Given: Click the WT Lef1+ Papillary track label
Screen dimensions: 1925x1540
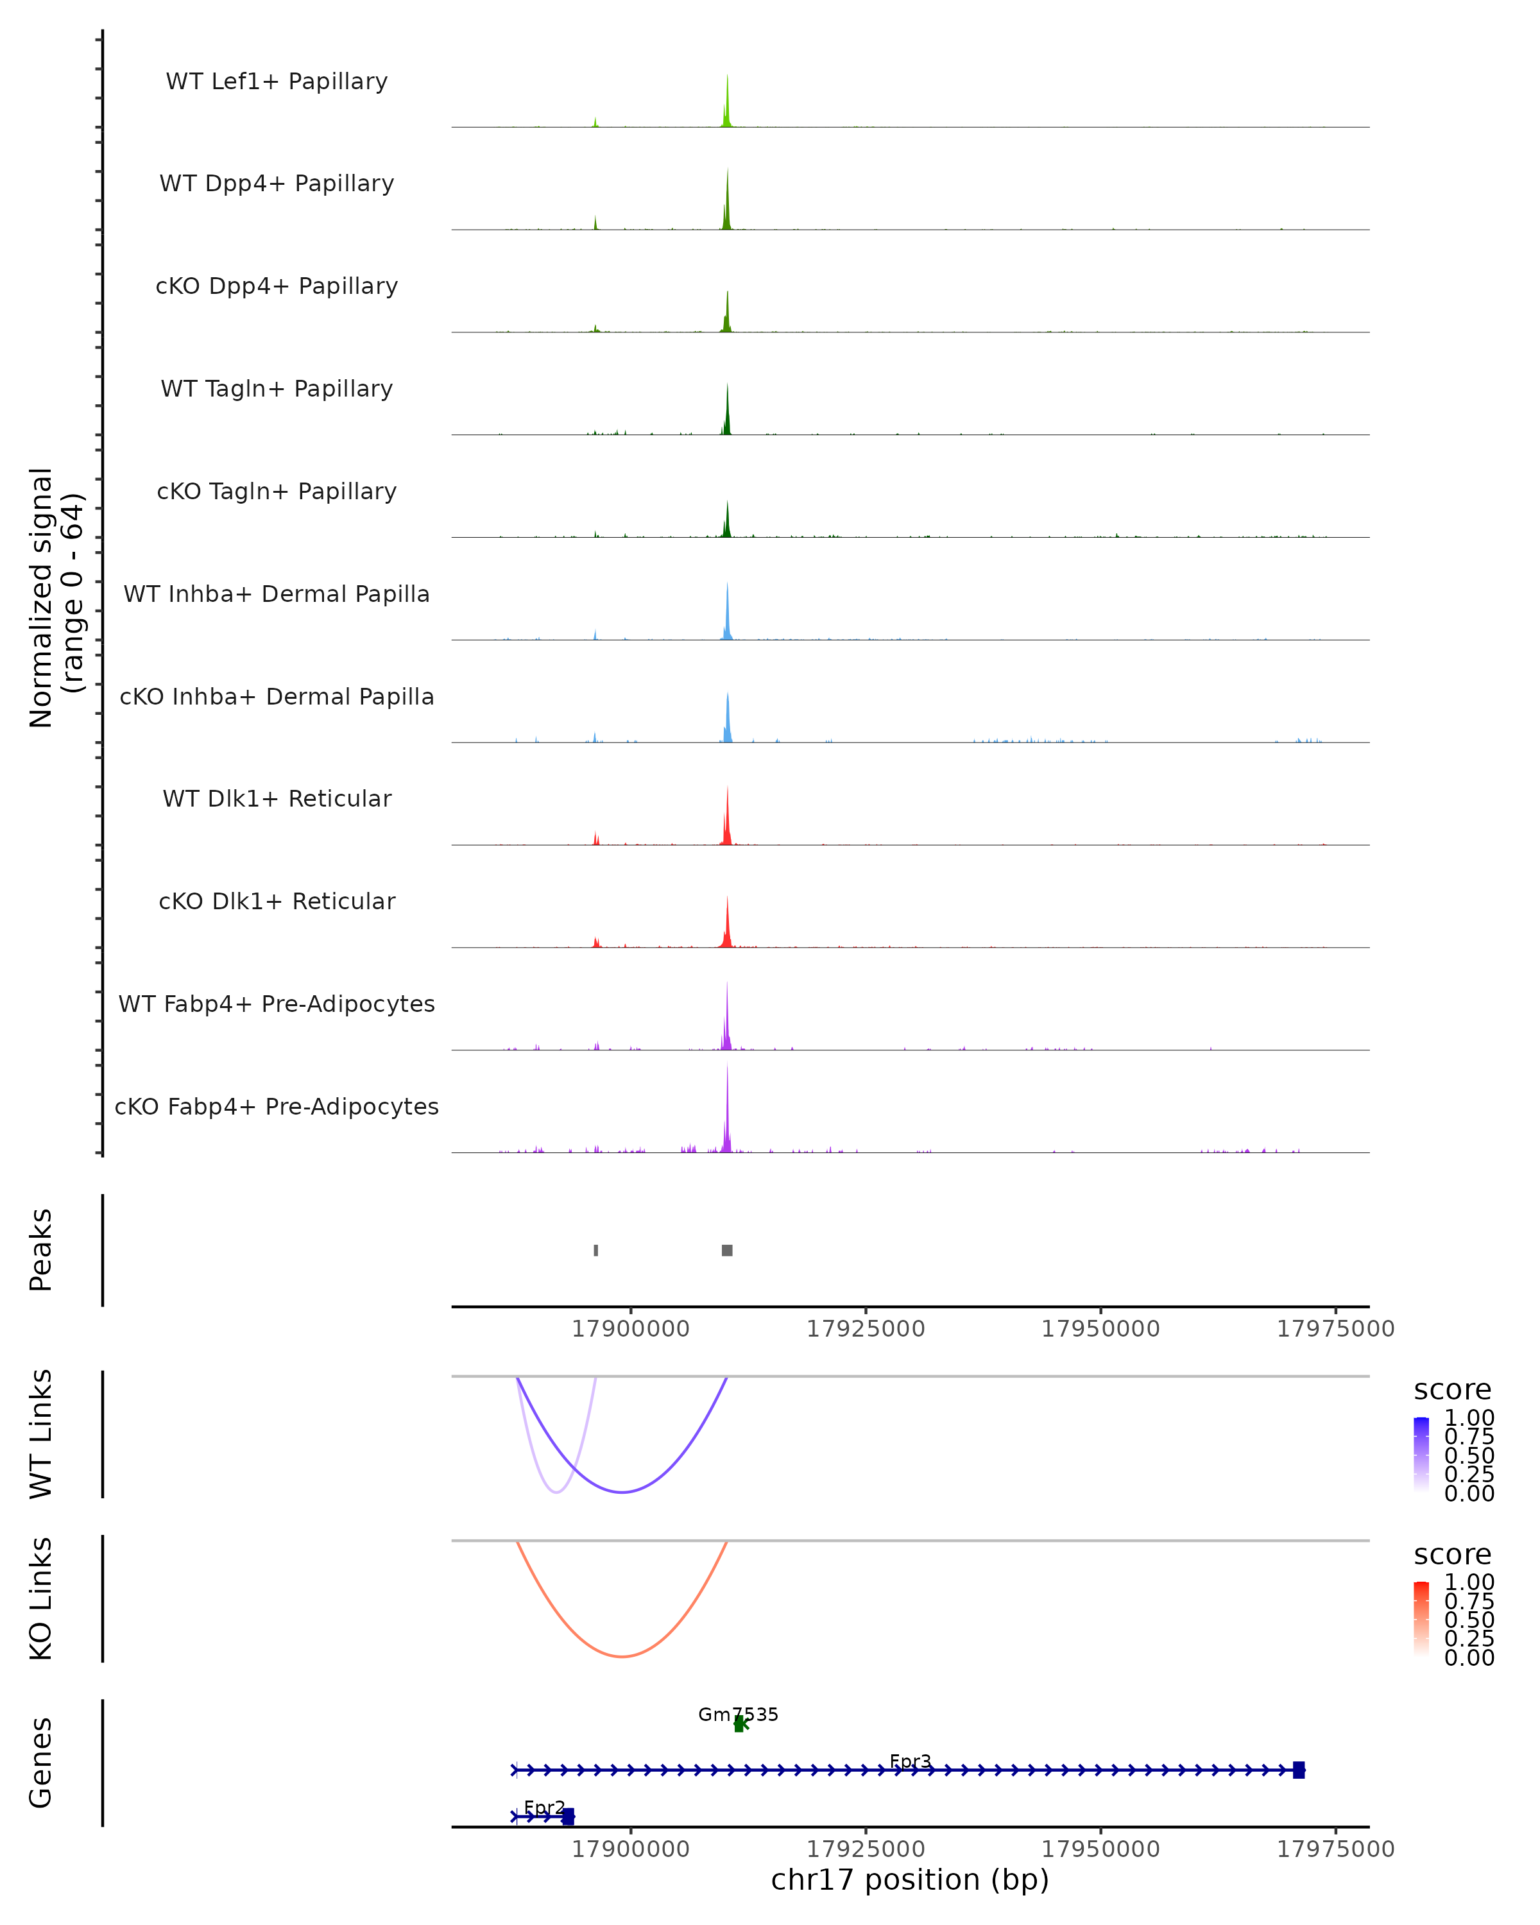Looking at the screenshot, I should (277, 81).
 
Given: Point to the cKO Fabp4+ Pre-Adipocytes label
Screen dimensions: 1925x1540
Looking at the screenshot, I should (277, 1106).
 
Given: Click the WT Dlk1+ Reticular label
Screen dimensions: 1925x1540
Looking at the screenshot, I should (277, 798).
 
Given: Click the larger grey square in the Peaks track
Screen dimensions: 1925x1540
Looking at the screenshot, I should (728, 1250).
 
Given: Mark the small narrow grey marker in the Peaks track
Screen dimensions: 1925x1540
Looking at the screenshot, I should (596, 1250).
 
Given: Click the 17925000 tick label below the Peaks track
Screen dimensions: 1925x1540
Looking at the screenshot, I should (866, 1329).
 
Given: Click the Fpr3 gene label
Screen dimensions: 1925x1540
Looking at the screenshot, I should (911, 1761).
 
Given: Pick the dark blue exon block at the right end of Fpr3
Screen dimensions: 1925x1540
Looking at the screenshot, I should (1299, 1770).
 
